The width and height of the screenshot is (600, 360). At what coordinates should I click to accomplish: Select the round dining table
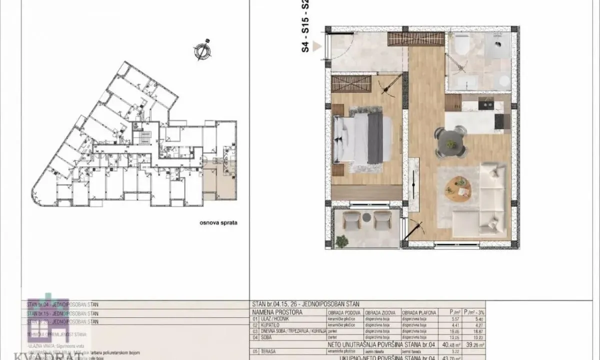click(450, 143)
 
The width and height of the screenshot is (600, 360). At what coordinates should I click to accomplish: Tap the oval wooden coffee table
click(457, 189)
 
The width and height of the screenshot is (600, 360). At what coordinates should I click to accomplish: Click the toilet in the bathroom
click(460, 45)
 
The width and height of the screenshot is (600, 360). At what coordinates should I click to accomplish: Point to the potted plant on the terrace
click(342, 241)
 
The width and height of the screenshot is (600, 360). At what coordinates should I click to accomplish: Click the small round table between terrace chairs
click(366, 217)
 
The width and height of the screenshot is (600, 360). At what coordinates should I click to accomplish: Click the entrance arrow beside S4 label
click(317, 47)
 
